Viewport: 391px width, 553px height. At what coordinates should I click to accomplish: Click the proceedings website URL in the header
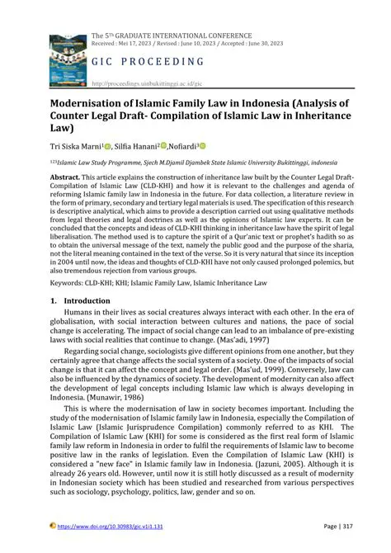coord(146,84)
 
